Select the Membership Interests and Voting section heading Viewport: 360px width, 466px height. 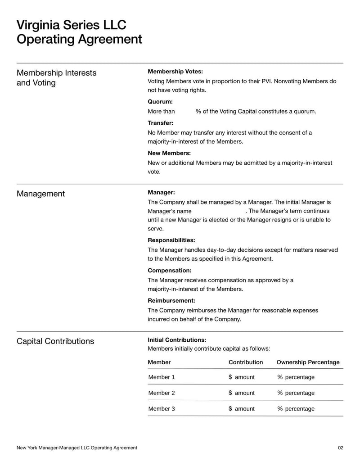pos(56,78)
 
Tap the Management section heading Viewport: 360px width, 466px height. pos(40,194)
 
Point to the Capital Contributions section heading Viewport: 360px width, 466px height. pos(55,341)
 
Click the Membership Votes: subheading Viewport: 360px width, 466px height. pos(175,72)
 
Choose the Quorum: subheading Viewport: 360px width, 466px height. pos(160,102)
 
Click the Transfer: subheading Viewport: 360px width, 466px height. pos(160,123)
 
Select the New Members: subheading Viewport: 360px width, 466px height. pos(169,153)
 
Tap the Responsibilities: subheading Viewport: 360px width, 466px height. pos(171,240)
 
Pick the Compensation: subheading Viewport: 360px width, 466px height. pos(169,271)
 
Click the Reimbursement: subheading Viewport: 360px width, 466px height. pos(171,300)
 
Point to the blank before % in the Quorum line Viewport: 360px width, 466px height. pos(185,111)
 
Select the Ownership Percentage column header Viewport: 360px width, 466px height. pos(308,362)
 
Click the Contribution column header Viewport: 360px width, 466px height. pos(246,362)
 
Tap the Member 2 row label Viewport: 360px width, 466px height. pos(162,393)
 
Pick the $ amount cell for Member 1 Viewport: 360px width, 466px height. pos(242,377)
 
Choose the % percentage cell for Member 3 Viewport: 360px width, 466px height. pos(296,409)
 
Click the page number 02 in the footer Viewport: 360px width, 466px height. pos(340,448)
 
